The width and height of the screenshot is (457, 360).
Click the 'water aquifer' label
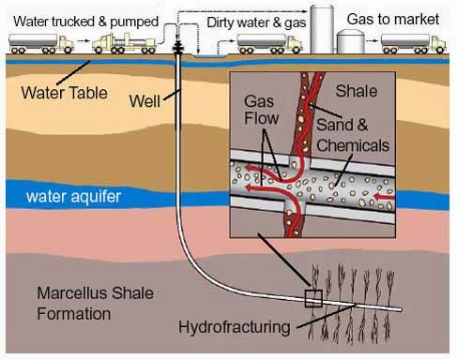pos(73,197)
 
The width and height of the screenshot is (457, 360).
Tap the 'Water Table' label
pos(64,93)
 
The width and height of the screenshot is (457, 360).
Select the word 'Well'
pos(145,101)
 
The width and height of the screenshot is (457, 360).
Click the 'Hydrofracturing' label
pos(235,327)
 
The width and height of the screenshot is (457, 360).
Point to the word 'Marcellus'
pos(73,293)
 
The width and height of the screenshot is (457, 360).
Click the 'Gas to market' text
pos(393,20)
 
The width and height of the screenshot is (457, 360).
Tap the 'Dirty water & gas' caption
pos(256,22)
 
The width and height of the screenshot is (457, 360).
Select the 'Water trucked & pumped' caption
pos(86,22)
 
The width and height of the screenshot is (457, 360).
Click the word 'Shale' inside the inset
pos(357,91)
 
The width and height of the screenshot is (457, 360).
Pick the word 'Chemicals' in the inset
pos(353,145)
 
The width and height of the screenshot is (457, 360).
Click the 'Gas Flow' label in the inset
pos(261,110)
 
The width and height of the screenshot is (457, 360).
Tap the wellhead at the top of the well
pos(178,47)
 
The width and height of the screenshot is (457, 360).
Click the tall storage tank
pos(322,29)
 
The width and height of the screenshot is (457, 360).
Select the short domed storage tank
pos(351,41)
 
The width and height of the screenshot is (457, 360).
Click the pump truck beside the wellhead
pos(124,44)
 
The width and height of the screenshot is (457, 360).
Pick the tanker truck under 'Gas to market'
pos(413,44)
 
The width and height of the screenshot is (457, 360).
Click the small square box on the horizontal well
pos(313,298)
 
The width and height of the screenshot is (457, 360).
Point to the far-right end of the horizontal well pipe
pos(401,309)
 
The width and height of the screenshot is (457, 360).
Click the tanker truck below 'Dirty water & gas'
pos(269,44)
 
